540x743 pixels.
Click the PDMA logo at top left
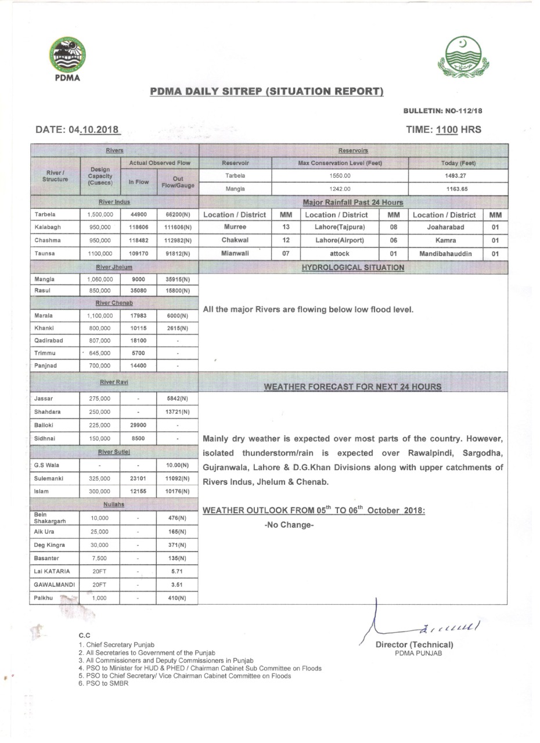[67, 59]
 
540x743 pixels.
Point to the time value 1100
[447, 129]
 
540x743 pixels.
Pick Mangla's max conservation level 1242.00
[340, 188]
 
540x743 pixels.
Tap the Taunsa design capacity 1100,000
[100, 254]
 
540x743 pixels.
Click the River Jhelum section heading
[114, 267]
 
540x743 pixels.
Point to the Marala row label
[44, 316]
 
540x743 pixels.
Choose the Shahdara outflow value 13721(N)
[177, 412]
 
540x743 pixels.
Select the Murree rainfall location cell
[234, 227]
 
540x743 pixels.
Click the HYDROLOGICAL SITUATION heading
[353, 268]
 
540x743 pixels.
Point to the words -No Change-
[289, 525]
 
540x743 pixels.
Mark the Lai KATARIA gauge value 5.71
[177, 571]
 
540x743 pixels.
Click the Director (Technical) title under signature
[414, 644]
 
